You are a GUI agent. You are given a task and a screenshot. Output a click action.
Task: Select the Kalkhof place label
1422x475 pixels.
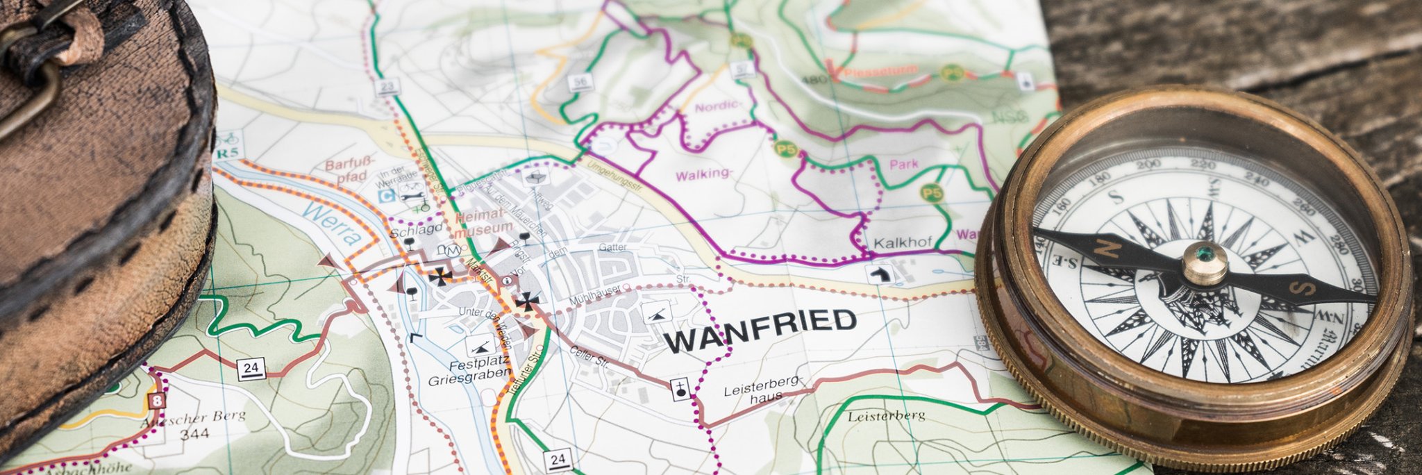pos(901,244)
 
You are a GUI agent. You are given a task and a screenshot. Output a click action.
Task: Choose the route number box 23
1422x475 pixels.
pos(389,87)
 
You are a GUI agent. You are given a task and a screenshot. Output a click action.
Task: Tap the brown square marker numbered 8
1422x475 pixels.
pos(158,401)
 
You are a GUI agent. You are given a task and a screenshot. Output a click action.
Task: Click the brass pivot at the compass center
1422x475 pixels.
pos(1205,263)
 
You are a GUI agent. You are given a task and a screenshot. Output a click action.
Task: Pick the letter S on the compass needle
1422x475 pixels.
pos(1303,287)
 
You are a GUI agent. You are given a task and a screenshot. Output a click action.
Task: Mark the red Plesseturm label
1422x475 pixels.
pos(882,71)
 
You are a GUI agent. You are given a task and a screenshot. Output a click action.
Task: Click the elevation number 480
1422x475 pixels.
pos(814,79)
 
